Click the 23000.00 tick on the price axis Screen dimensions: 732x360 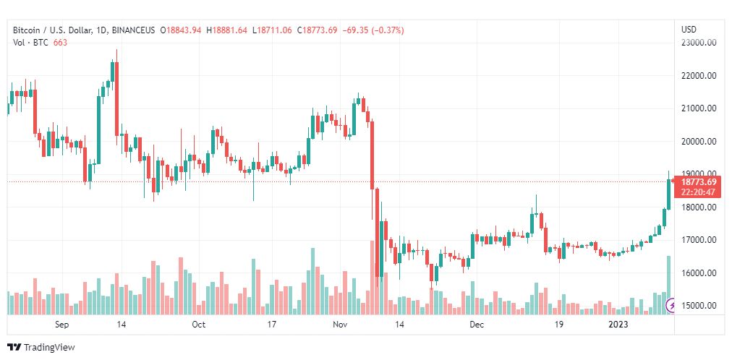point(699,43)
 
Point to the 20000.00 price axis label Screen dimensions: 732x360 point(699,141)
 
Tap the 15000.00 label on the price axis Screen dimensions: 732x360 point(699,306)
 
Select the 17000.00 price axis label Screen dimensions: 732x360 point(699,240)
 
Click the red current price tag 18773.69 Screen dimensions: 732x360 point(699,182)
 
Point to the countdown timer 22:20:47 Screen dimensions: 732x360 point(699,192)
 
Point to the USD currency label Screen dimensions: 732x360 point(689,30)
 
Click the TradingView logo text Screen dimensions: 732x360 point(49,348)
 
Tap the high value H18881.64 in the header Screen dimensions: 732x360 point(230,30)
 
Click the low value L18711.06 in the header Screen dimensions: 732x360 point(272,30)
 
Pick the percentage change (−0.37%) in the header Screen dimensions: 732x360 point(388,30)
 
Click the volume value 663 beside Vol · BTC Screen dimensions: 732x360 point(60,43)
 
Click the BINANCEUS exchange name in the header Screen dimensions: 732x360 point(133,30)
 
